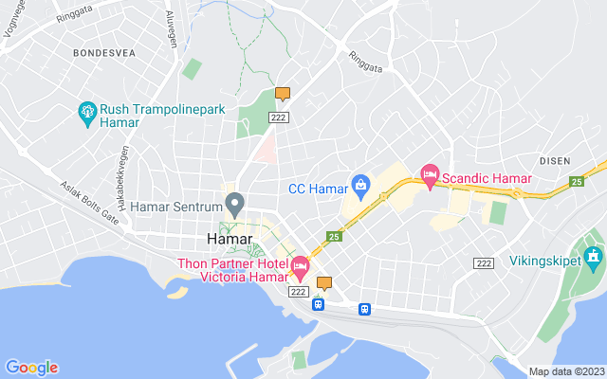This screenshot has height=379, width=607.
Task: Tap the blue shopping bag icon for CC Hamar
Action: coord(359,183)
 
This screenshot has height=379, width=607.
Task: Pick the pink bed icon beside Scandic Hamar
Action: coord(430,173)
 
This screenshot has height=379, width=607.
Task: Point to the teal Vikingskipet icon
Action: coord(593,255)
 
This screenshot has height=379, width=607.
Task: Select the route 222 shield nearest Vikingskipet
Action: coord(483,262)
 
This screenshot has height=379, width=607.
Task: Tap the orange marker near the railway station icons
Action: coord(324,282)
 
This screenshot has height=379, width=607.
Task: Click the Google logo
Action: coord(31,368)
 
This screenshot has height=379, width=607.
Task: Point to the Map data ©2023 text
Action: coord(565,371)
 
